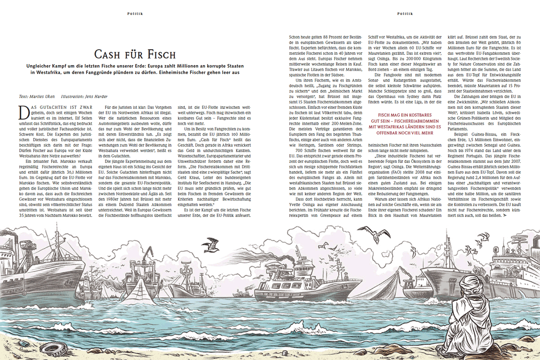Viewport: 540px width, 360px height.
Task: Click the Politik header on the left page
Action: [x=135, y=13]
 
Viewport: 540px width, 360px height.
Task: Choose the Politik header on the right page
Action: [x=405, y=13]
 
